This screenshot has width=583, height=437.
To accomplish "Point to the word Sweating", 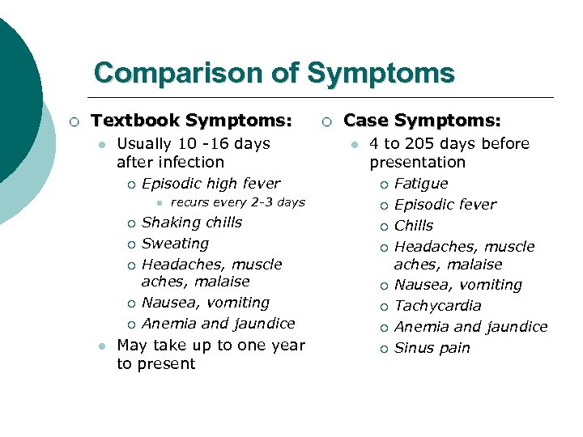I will click(x=175, y=244).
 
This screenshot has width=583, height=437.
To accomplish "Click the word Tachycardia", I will click(x=437, y=306).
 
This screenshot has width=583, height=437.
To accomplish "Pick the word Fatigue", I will click(x=421, y=184).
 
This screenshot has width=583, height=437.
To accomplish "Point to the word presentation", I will click(x=418, y=162).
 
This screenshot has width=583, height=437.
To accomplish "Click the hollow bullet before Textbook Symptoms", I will click(x=74, y=122).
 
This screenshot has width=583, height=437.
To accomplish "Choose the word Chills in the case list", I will click(x=414, y=226).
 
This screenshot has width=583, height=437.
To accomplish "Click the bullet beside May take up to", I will click(x=100, y=346).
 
